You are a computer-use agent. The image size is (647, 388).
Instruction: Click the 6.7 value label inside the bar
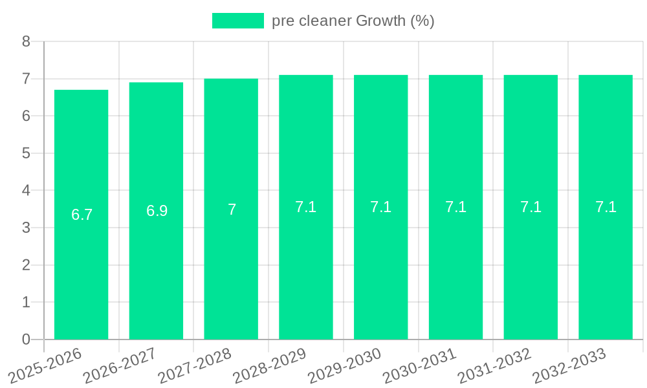pyautogui.click(x=82, y=215)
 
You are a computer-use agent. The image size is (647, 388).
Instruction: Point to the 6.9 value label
pyautogui.click(x=157, y=211)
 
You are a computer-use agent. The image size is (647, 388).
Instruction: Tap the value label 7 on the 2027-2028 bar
pyautogui.click(x=232, y=210)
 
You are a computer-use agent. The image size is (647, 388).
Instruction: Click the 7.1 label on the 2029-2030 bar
pyautogui.click(x=381, y=207)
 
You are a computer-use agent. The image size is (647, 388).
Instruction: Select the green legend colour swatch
pyautogui.click(x=237, y=21)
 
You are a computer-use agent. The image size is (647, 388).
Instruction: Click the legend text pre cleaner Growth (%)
pyautogui.click(x=353, y=21)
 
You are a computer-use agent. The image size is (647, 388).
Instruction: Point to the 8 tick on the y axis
pyautogui.click(x=26, y=41)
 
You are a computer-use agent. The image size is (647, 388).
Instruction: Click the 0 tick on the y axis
pyautogui.click(x=26, y=339)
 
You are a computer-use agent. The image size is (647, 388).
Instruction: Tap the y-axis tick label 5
pyautogui.click(x=26, y=153)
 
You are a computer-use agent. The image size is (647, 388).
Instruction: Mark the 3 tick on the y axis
pyautogui.click(x=26, y=228)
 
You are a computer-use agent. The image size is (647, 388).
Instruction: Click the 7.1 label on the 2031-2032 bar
pyautogui.click(x=531, y=207)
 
